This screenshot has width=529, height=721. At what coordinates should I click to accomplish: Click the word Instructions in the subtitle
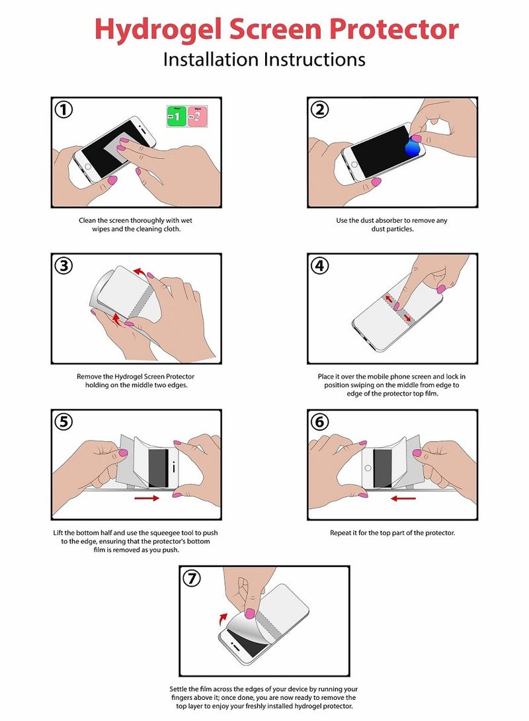pyautogui.click(x=314, y=60)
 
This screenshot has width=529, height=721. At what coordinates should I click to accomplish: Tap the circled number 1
pyautogui.click(x=63, y=110)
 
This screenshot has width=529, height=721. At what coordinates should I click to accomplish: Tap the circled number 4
pyautogui.click(x=320, y=266)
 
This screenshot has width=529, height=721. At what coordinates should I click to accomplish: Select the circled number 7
pyautogui.click(x=192, y=578)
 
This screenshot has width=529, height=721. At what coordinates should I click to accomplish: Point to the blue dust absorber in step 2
pyautogui.click(x=412, y=148)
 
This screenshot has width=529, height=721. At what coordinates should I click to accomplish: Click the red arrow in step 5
pyautogui.click(x=147, y=497)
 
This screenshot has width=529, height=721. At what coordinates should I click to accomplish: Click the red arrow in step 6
pyautogui.click(x=403, y=497)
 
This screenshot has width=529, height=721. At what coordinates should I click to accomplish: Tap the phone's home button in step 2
pyautogui.click(x=354, y=165)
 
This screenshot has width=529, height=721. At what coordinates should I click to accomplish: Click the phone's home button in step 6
pyautogui.click(x=368, y=468)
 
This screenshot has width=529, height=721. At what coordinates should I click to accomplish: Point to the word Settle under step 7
pyautogui.click(x=179, y=689)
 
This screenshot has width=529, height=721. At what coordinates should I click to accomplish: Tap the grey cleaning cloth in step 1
pyautogui.click(x=116, y=148)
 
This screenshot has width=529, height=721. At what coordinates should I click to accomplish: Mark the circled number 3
pyautogui.click(x=63, y=266)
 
